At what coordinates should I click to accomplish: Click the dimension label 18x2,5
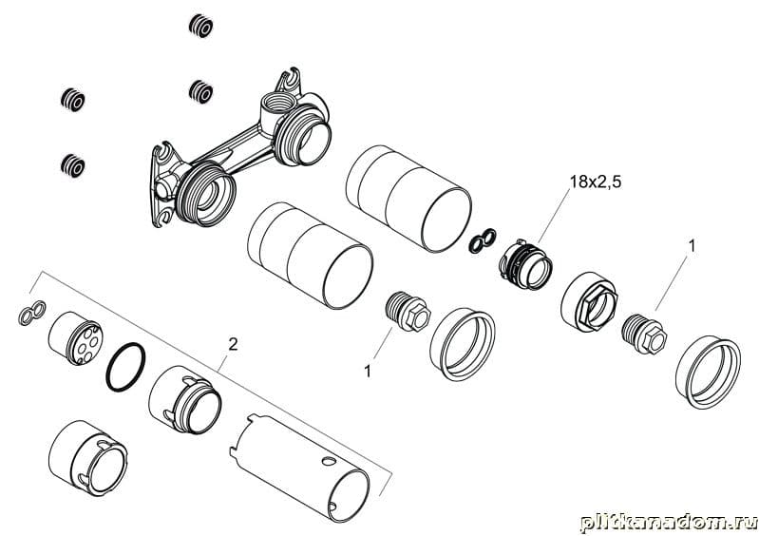[x=595, y=182]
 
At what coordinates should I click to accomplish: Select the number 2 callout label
[x=234, y=345]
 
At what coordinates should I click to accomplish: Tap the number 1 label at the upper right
[x=692, y=246]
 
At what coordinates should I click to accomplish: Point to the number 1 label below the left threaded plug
[x=368, y=372]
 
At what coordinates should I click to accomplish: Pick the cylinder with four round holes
[x=75, y=337]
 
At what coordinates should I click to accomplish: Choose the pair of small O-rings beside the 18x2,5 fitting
[x=483, y=239]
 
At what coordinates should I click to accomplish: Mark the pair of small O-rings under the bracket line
[x=32, y=313]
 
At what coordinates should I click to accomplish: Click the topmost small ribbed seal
[x=200, y=26]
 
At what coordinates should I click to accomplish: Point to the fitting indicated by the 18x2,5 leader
[x=525, y=264]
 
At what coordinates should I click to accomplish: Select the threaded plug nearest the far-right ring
[x=644, y=335]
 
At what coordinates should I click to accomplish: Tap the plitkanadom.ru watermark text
[x=668, y=523]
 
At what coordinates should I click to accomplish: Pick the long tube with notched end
[x=299, y=468]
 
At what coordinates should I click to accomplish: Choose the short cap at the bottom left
[x=87, y=457]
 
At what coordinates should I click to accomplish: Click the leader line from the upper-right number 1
[x=672, y=283]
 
